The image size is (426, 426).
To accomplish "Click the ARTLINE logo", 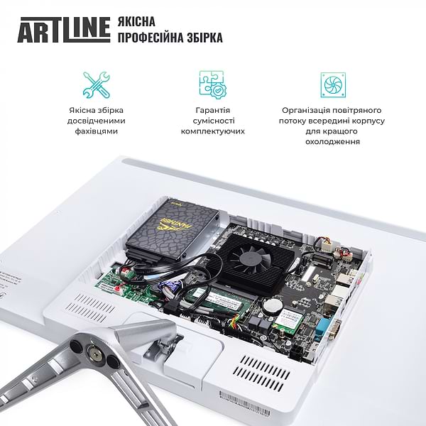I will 63,28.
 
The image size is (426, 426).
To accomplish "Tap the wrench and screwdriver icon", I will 96,84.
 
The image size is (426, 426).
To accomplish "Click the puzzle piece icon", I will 212,84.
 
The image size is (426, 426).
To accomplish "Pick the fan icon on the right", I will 331,84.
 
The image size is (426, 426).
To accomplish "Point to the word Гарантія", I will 212,111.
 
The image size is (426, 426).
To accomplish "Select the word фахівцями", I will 97,131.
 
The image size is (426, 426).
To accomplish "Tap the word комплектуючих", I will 212,131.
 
